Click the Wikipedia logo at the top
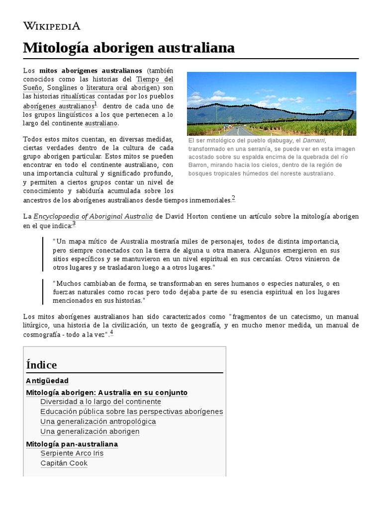point(52,26)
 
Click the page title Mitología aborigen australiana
point(129,48)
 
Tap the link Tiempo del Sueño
point(155,79)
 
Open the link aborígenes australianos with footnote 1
point(58,106)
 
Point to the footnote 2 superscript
point(233,198)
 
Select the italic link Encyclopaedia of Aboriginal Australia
point(93,217)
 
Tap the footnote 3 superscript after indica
point(74,224)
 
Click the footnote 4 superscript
point(111,333)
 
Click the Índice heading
point(41,365)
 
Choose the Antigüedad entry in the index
point(47,381)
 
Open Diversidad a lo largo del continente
point(100,402)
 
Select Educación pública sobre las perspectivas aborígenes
point(131,412)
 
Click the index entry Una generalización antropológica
point(98,422)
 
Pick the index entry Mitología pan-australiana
point(72,444)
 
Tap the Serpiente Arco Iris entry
point(72,453)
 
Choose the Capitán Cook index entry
point(64,463)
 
